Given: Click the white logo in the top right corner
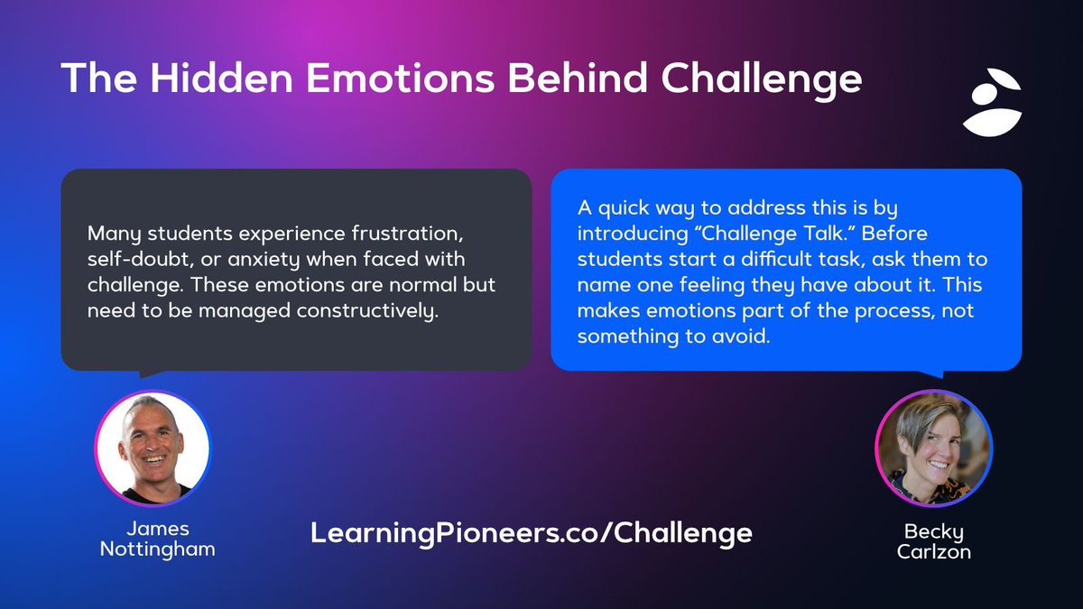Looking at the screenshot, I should coord(991,102).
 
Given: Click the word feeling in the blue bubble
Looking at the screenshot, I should coord(719,285).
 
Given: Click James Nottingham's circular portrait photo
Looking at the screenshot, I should coord(152,448).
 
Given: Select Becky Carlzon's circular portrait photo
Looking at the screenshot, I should coord(933,448).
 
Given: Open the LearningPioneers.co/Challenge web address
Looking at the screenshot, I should coord(531,533).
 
